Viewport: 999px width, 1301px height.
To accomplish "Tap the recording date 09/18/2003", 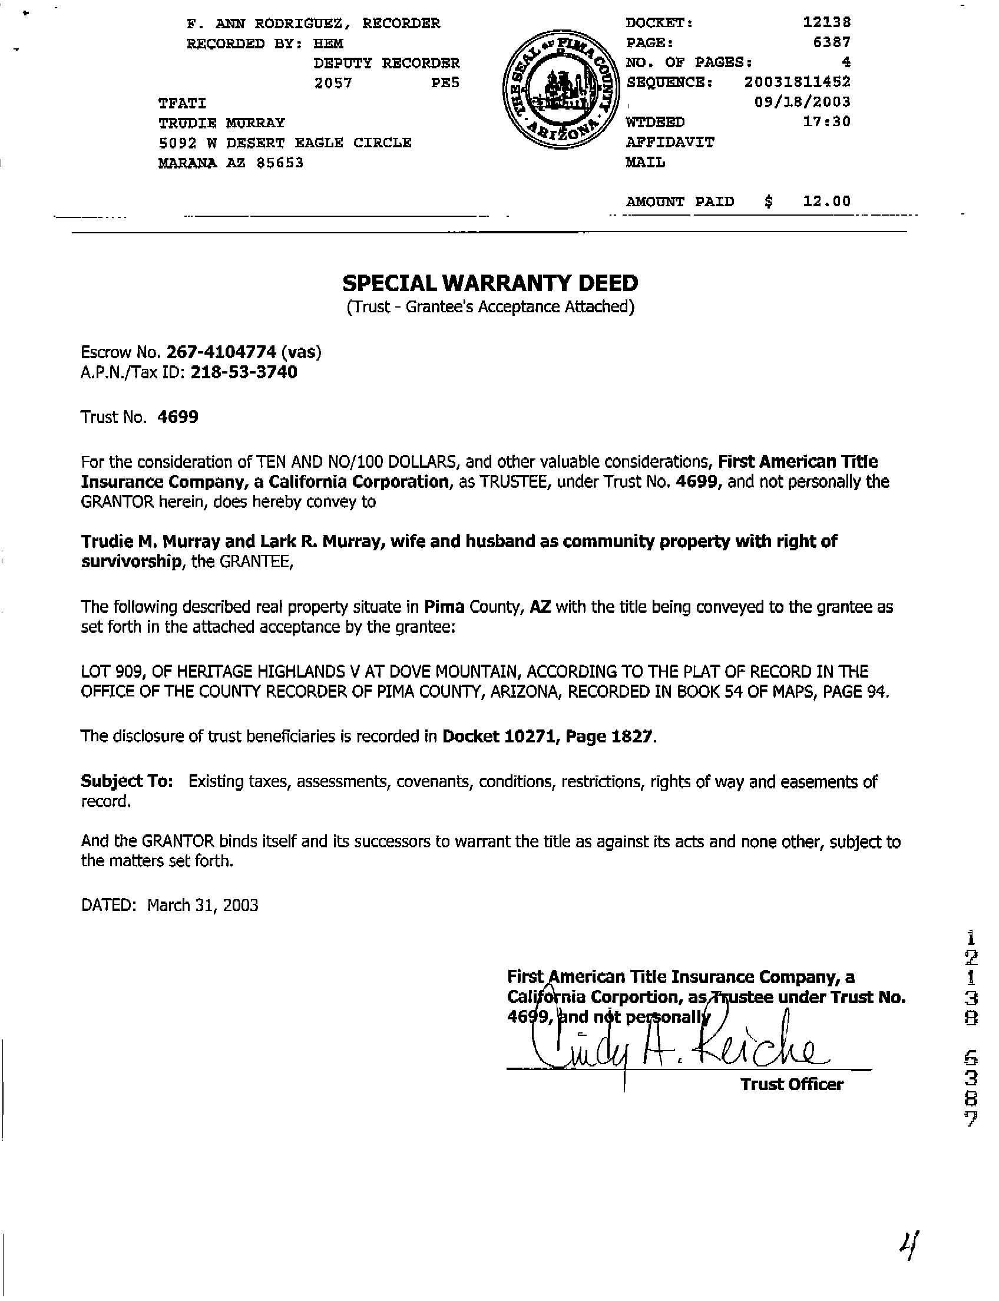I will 802,102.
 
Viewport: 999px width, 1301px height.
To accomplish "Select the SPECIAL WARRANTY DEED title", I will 490,283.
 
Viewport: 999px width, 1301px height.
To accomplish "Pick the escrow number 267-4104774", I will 221,352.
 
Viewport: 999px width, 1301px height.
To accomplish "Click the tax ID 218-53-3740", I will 244,372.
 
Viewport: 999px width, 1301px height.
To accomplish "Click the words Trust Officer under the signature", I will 792,1085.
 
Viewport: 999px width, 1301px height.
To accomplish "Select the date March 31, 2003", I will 203,906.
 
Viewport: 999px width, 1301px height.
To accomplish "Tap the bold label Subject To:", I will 127,782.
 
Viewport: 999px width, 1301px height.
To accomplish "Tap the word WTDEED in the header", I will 654,122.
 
